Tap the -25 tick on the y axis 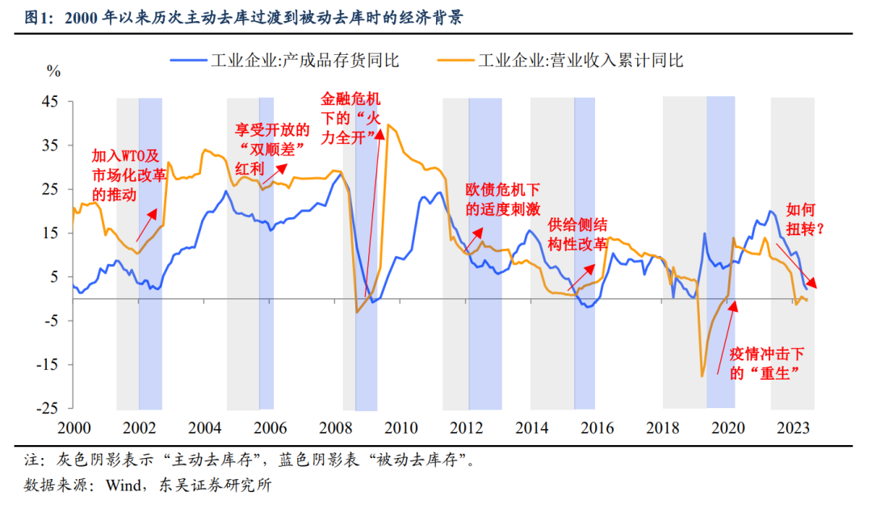click(x=48, y=408)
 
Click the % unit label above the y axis click(x=54, y=73)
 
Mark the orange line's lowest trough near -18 click(x=702, y=376)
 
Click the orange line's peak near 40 click(x=388, y=124)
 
